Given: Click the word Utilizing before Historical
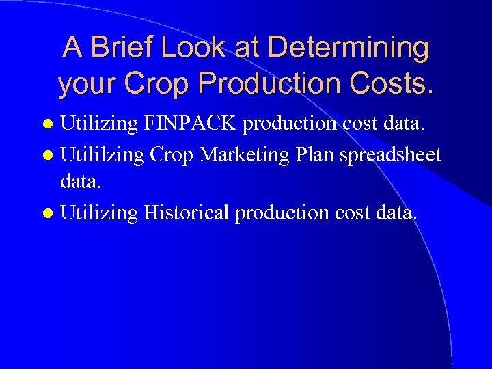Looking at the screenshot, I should tap(99, 213).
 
